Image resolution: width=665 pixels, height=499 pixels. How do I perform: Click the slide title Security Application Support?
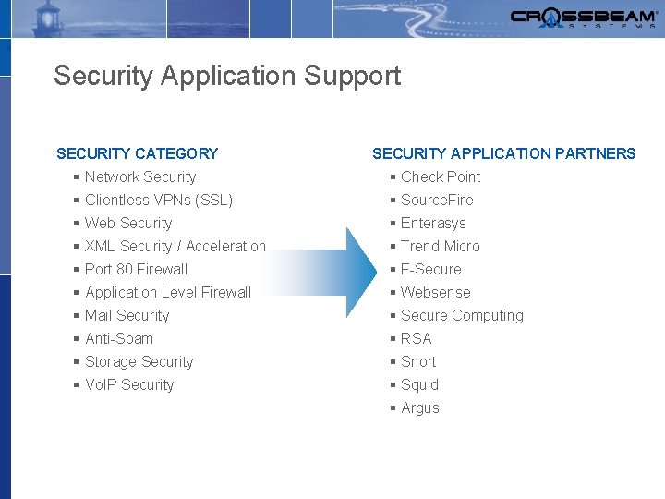(227, 76)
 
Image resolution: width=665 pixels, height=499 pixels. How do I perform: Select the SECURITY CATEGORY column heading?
(138, 153)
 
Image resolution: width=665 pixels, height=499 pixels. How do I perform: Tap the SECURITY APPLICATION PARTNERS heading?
(503, 153)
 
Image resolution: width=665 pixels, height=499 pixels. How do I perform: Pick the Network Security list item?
(140, 176)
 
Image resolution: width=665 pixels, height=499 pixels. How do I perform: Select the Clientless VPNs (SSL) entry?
(158, 200)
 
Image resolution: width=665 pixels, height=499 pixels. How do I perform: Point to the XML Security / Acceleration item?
(175, 246)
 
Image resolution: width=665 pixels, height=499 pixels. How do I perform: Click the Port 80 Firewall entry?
(136, 269)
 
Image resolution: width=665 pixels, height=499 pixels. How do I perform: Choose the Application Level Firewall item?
(167, 292)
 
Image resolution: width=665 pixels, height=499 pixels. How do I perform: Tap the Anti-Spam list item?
(119, 338)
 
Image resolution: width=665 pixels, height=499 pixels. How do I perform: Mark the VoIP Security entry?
(129, 384)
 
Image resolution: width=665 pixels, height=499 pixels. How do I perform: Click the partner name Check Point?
(441, 176)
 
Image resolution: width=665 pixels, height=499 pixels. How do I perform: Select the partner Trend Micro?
(440, 246)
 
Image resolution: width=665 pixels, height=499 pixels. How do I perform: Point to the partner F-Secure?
(430, 269)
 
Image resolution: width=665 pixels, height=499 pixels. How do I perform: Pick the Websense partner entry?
(435, 292)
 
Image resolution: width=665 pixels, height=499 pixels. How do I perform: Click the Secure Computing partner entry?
(462, 315)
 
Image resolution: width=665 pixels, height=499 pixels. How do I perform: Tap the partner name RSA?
(416, 338)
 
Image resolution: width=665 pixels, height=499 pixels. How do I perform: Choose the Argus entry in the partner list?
(420, 408)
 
